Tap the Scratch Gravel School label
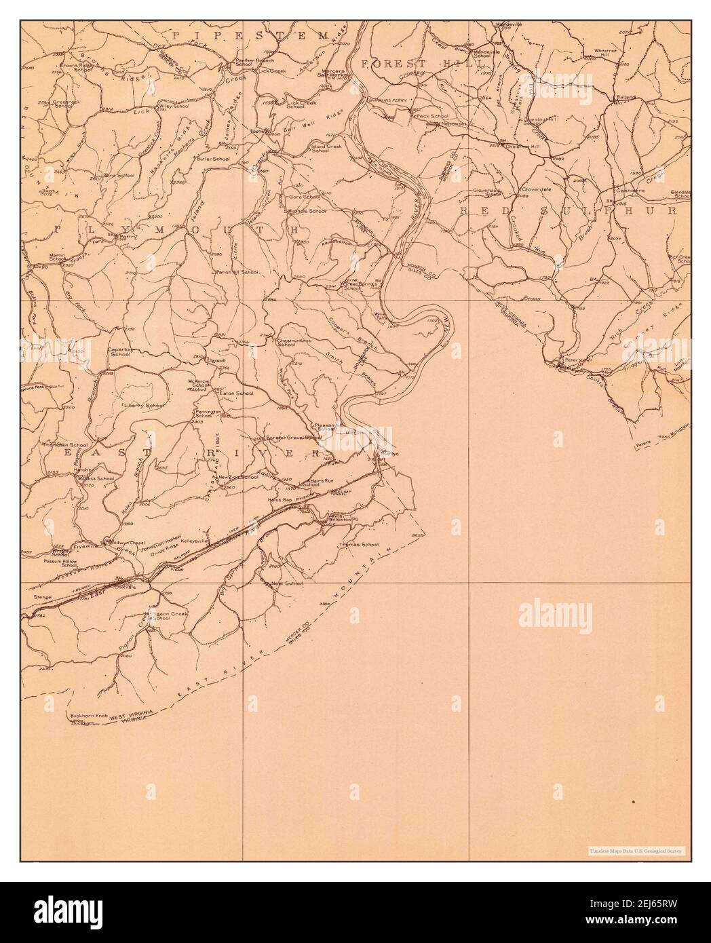[293, 438]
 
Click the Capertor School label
[120, 351]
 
